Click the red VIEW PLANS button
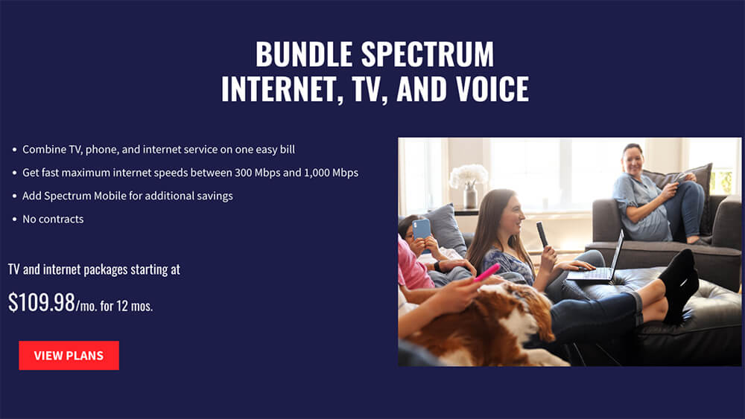[x=69, y=356]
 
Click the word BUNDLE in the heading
[x=304, y=54]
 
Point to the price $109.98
[x=42, y=302]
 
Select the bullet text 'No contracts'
[x=53, y=220]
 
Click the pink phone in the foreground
[x=486, y=272]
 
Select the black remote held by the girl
[x=542, y=234]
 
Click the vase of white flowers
[x=469, y=186]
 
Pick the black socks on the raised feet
[x=679, y=285]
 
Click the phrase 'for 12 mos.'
[x=127, y=306]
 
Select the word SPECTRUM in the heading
[x=428, y=54]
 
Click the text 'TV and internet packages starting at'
[x=94, y=269]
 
